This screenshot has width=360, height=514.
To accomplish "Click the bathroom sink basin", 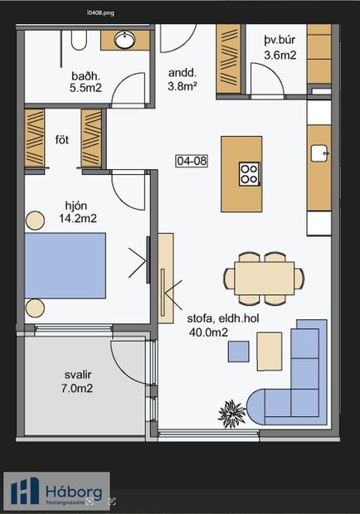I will [125, 39].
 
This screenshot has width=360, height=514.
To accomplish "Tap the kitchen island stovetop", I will [248, 172].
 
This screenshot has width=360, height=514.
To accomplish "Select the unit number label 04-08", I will [192, 161].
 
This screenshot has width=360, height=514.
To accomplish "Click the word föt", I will [62, 138].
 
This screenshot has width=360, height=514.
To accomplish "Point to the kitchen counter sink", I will [319, 152].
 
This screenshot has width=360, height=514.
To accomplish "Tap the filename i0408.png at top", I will [101, 13].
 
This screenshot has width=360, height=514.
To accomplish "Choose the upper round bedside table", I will [35, 220].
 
